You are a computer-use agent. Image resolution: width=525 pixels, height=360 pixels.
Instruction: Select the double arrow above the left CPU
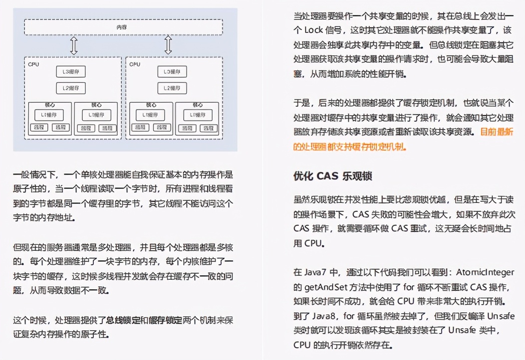74,45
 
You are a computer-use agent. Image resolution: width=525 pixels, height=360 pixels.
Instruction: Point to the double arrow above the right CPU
168,45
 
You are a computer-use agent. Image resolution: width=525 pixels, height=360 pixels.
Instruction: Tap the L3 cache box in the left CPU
70,72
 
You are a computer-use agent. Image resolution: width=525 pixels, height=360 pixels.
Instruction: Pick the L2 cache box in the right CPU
172,89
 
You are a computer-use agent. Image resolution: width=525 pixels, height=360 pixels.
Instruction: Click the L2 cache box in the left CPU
70,89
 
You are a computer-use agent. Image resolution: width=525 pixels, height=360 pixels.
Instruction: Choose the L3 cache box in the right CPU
172,72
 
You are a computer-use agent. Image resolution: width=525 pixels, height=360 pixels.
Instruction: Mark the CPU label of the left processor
33,64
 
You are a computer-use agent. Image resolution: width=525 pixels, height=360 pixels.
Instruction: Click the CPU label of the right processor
135,64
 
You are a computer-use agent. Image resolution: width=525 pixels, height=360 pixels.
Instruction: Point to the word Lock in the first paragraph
314,29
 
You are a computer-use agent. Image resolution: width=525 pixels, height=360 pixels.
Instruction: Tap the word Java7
317,273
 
